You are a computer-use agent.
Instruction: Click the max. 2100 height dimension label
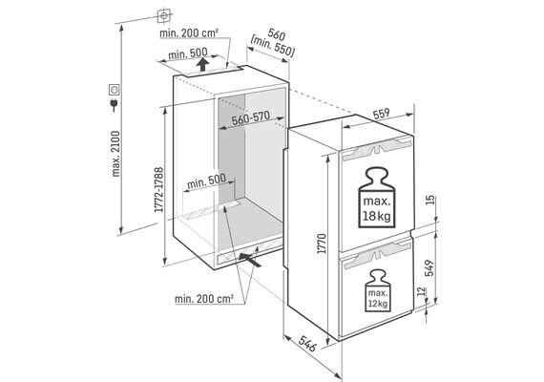[x=115, y=154]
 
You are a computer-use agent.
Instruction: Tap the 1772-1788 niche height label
[x=159, y=190]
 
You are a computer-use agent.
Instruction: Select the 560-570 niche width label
[x=251, y=118]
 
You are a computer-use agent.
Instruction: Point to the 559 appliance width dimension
[x=382, y=115]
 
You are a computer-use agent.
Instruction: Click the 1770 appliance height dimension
[x=322, y=244]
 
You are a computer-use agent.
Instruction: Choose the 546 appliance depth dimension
[x=307, y=344]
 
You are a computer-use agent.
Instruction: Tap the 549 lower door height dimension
[x=429, y=267]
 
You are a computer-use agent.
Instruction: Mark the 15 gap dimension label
[x=429, y=200]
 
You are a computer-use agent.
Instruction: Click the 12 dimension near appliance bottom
[x=421, y=291]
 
